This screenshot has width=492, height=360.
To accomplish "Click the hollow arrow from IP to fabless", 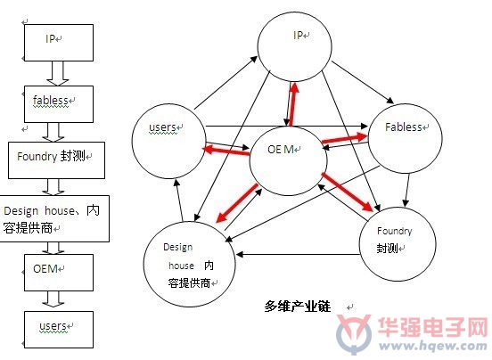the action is [x=58, y=73].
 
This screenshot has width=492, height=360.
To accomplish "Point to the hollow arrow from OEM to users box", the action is [x=53, y=299].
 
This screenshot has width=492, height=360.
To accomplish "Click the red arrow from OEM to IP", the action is [x=293, y=104].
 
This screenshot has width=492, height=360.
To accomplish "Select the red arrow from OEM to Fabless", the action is [x=345, y=139].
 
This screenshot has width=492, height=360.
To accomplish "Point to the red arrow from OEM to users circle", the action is [x=227, y=151].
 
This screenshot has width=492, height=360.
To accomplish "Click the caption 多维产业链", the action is [x=297, y=306].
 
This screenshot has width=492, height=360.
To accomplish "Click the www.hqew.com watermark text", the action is [x=432, y=346].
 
